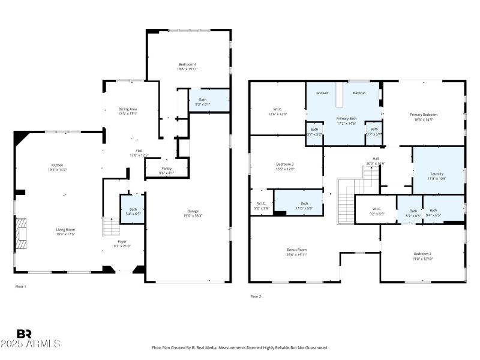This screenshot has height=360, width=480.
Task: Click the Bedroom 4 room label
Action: point(187,64)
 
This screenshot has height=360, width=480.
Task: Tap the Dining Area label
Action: point(127,109)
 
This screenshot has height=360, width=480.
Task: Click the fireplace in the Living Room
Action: point(21,233)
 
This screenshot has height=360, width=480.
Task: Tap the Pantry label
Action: point(166,169)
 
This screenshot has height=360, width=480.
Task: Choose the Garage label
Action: point(193,211)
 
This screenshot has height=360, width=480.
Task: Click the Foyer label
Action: point(122,241)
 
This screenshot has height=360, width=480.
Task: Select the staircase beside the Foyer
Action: point(109,227)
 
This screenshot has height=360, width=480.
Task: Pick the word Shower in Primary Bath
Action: point(322,93)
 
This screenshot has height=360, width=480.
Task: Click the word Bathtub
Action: point(359,93)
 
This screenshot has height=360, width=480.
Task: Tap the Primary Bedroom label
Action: point(424,115)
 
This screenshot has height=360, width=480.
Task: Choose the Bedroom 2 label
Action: point(422,254)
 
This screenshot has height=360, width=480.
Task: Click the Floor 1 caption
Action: point(20,287)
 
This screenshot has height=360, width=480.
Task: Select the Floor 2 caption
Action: point(256,296)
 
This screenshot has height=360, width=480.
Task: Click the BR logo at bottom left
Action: point(24,334)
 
